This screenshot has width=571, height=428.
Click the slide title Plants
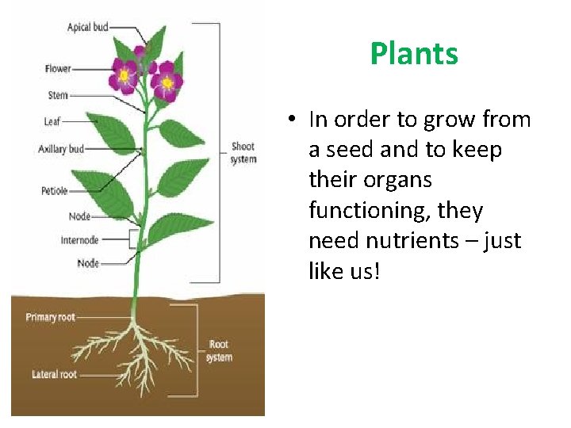pos(413,54)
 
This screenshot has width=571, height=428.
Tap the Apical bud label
pos(87,27)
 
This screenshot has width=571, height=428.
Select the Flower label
pos(58,69)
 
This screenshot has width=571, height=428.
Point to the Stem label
pos(58,96)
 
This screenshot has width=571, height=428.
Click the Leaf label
pos(52,122)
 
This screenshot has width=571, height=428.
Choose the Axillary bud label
pos(61,149)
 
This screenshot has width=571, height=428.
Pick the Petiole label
pos(55,191)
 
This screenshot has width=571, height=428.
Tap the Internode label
pos(79,239)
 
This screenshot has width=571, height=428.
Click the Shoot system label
pos(243,153)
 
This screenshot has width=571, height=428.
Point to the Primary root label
pos(51,317)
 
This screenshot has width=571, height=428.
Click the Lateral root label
pos(55,374)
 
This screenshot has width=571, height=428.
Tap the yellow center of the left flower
pos(124,76)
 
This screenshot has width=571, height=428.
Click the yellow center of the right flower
pos(167,82)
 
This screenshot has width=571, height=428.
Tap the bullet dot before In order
pos(293,120)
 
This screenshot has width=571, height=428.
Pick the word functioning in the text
pos(361,211)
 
